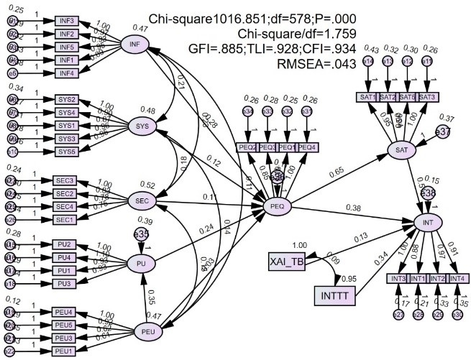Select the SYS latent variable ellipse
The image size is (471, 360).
point(142,127)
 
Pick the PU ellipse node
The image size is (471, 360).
point(141,264)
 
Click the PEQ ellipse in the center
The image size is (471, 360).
point(277,206)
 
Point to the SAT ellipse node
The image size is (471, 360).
point(401,149)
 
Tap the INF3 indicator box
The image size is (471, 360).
point(67,21)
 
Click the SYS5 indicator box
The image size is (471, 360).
point(67,151)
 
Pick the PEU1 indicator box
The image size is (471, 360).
point(66,350)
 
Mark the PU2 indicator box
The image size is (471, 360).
point(67,245)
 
